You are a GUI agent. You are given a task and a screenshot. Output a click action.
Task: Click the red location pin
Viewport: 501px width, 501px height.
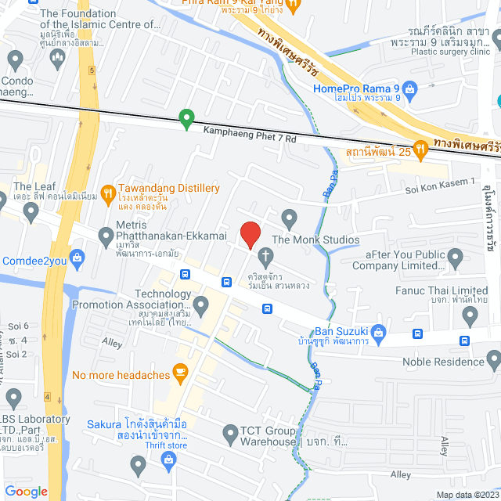click(x=250, y=234)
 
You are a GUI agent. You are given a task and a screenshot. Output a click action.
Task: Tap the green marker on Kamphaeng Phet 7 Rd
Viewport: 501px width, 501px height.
click(x=186, y=120)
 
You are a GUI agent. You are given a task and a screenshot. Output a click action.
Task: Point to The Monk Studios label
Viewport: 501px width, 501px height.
click(x=315, y=240)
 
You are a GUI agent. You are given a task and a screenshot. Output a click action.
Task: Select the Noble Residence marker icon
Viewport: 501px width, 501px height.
click(x=493, y=361)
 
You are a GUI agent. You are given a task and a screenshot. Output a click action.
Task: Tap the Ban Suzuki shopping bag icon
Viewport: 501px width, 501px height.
click(x=379, y=332)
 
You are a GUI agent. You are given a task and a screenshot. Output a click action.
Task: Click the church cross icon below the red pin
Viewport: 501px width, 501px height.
click(x=266, y=256)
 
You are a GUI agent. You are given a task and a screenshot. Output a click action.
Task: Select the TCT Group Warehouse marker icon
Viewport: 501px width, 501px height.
click(x=230, y=432)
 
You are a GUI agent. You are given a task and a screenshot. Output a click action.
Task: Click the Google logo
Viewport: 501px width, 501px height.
click(x=27, y=491)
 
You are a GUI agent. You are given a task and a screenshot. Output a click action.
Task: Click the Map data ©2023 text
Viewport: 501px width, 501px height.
click(x=467, y=494)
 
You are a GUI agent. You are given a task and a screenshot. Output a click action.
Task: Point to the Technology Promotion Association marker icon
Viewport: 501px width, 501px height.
click(x=201, y=304)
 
